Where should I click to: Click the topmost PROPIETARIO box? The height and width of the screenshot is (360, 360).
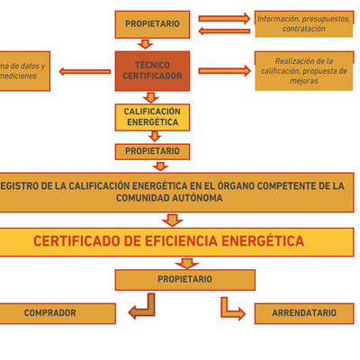[x=152, y=24]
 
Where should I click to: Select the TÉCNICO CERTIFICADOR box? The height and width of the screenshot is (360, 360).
[x=152, y=71]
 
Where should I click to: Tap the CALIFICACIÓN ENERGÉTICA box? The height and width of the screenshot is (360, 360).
[x=152, y=117]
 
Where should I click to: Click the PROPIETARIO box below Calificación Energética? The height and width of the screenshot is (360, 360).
[x=152, y=151]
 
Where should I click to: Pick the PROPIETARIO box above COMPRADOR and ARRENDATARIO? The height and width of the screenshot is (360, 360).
[x=184, y=279]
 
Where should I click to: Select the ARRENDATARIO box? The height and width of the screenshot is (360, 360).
[x=304, y=313]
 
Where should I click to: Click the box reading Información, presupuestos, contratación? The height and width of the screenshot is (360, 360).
[x=304, y=23]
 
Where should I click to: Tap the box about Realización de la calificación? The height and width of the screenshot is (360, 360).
[x=304, y=71]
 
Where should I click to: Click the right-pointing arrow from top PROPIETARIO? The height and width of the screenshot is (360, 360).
[x=223, y=18]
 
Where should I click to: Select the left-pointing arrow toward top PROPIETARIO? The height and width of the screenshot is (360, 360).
[x=223, y=31]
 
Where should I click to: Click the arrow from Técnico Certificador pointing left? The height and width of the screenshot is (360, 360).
[x=85, y=71]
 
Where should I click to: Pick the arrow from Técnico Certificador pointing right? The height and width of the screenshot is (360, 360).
[x=224, y=71]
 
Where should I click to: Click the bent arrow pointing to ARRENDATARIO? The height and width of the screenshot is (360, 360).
[x=232, y=309]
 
